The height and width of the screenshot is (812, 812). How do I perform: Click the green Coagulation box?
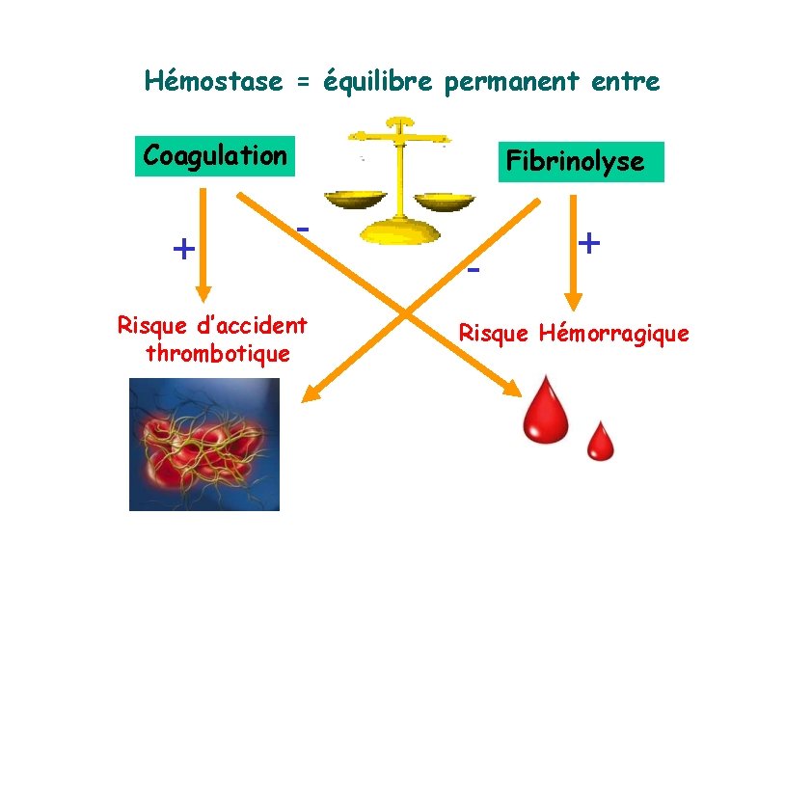(214, 155)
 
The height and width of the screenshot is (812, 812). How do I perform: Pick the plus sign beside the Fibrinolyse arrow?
(589, 242)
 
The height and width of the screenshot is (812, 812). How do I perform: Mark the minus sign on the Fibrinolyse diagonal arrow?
(473, 269)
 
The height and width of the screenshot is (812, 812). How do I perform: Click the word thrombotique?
(217, 354)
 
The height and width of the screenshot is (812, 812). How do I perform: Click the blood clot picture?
(204, 444)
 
